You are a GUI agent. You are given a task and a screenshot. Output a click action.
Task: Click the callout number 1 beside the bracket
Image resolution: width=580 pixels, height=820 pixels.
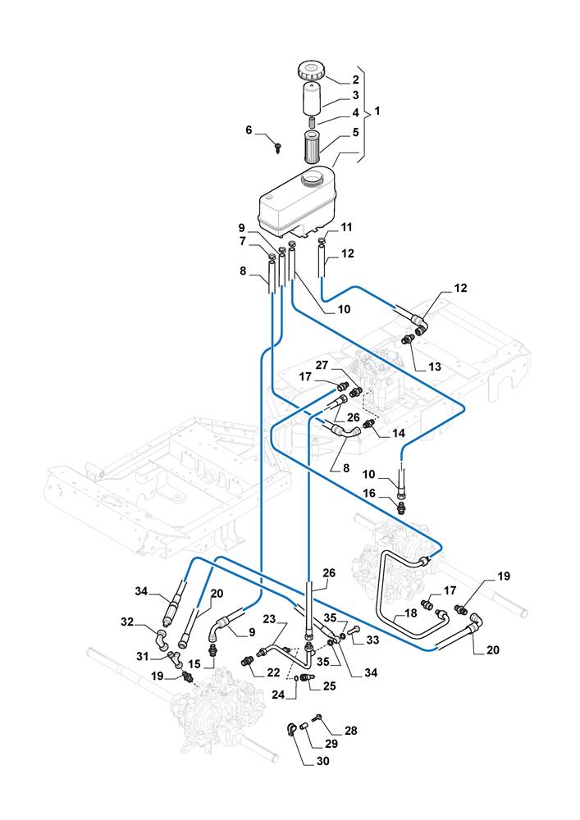pos(377,110)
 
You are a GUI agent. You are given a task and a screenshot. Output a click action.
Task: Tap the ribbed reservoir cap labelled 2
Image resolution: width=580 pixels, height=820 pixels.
pos(313,69)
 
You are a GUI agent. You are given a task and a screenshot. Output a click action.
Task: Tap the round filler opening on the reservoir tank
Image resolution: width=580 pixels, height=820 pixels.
pos(313,175)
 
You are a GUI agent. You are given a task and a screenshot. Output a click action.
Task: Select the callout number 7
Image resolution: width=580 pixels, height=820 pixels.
pos(242,242)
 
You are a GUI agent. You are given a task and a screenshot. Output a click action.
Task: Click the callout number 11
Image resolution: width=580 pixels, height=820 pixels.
pos(348,226)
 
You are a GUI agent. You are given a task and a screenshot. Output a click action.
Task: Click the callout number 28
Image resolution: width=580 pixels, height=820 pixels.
pos(351,730)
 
